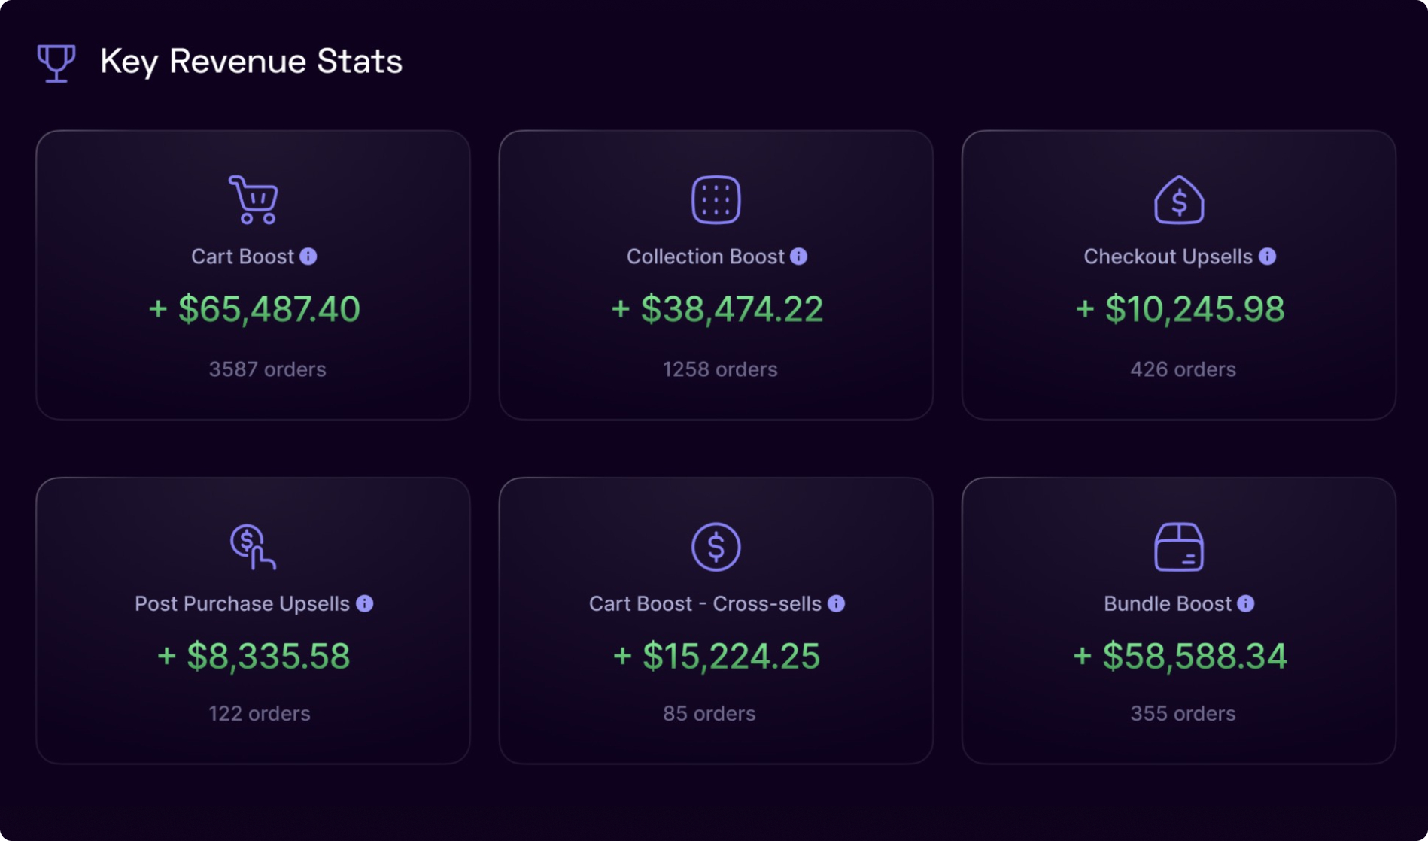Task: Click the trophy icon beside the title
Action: pyautogui.click(x=56, y=63)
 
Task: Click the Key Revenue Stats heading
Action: pyautogui.click(x=251, y=62)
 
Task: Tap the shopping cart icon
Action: pyautogui.click(x=254, y=200)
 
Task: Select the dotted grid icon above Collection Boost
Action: pyautogui.click(x=716, y=200)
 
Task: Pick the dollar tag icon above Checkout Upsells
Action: pyautogui.click(x=1179, y=200)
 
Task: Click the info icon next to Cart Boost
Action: pyautogui.click(x=308, y=257)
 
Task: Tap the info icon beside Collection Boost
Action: pyautogui.click(x=799, y=257)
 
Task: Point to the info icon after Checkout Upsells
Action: pyautogui.click(x=1268, y=257)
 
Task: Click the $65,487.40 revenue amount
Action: pyautogui.click(x=254, y=309)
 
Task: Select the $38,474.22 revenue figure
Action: pyautogui.click(x=717, y=309)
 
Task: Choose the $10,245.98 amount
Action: pyautogui.click(x=1180, y=309)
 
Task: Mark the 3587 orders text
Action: pyautogui.click(x=267, y=369)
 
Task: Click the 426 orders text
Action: pyautogui.click(x=1183, y=369)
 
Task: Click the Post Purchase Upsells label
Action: pyautogui.click(x=242, y=604)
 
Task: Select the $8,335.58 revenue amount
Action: pyautogui.click(x=254, y=656)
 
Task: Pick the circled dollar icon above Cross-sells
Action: pyautogui.click(x=716, y=547)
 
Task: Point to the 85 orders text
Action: pyautogui.click(x=709, y=713)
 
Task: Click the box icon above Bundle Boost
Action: pyautogui.click(x=1179, y=547)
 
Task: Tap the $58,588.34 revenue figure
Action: pyautogui.click(x=1180, y=656)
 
